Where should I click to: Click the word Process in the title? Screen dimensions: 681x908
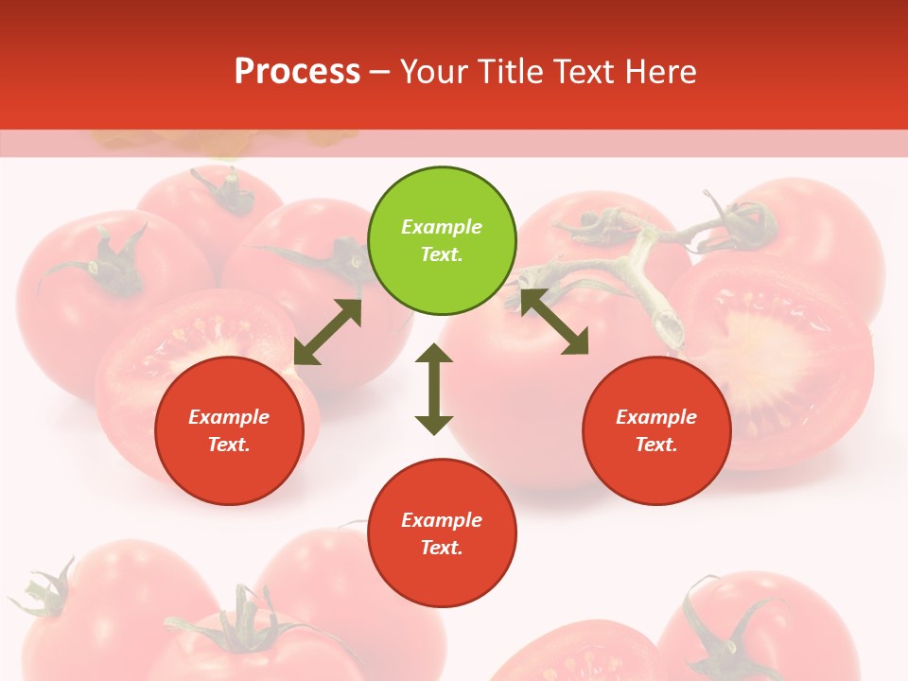click(x=297, y=72)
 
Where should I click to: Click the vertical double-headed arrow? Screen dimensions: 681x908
click(x=434, y=389)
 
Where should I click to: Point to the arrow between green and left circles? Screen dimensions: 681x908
click(x=327, y=332)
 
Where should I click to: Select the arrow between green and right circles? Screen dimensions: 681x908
click(x=554, y=322)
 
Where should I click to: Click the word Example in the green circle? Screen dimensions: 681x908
click(x=442, y=227)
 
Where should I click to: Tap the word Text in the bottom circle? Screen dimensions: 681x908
click(x=441, y=548)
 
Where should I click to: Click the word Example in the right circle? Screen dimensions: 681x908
click(x=656, y=417)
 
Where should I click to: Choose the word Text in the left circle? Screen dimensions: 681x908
click(x=228, y=445)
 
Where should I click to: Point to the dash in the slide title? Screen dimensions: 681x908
click(x=379, y=73)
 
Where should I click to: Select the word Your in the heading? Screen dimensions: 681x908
click(x=436, y=72)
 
